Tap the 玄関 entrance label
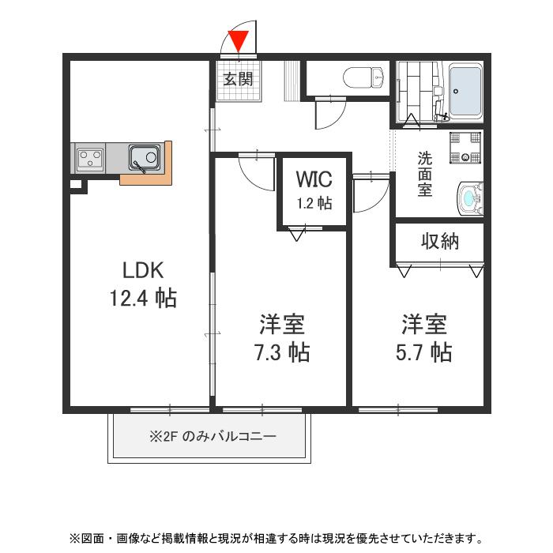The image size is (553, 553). click(238, 79)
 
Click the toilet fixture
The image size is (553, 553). click(364, 78)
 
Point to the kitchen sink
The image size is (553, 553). click(144, 158)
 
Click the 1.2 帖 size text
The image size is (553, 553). click(314, 203)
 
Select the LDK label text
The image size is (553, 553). click(143, 270)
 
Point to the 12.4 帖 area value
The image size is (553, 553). click(143, 298)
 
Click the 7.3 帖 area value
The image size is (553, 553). click(281, 352)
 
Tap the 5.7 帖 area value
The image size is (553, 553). click(423, 352)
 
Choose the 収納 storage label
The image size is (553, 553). click(439, 242)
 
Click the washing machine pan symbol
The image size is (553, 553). click(465, 147)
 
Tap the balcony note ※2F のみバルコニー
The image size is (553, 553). click(212, 436)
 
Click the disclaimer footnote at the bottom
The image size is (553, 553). click(276, 539)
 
